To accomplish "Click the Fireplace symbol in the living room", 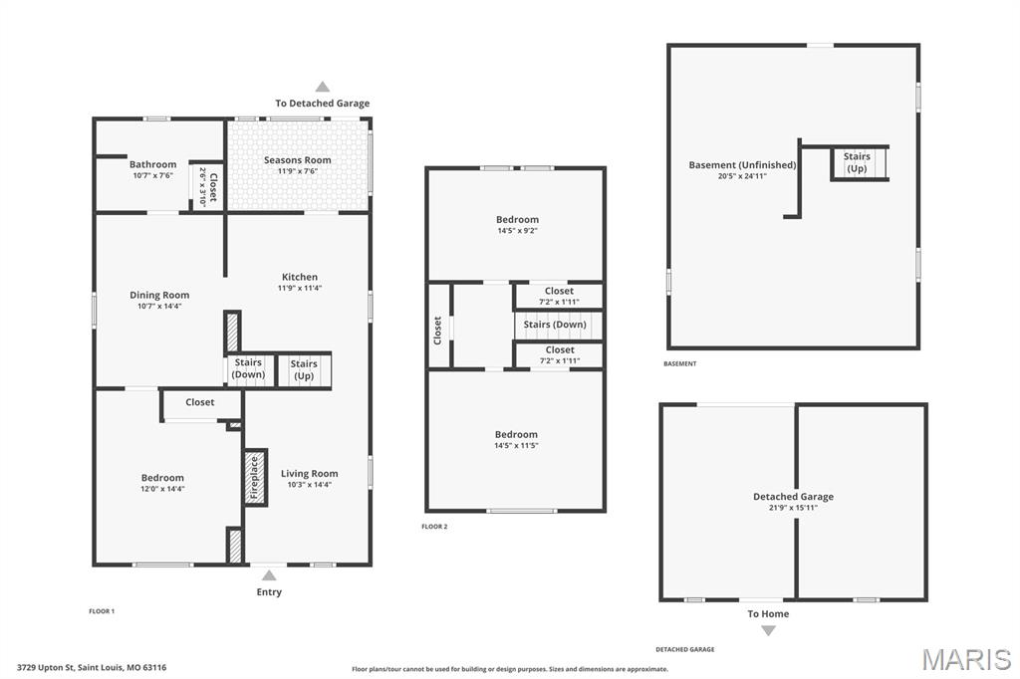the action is (x=255, y=477).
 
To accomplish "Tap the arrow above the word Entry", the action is (x=269, y=574).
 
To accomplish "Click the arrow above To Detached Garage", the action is (x=323, y=87).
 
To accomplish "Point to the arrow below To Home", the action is (x=768, y=630).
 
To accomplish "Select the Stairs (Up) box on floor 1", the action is (x=304, y=370).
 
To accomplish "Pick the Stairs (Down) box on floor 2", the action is (x=558, y=326).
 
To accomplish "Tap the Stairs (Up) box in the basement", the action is (x=860, y=162).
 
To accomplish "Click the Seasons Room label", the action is (x=297, y=160).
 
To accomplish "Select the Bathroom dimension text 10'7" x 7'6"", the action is (x=152, y=175).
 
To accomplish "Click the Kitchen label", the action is (x=300, y=277).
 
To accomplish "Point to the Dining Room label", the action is (x=159, y=296).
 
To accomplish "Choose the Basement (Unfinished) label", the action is (x=742, y=165).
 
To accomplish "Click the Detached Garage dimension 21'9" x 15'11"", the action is (x=793, y=508).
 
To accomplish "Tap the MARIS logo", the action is (x=966, y=659).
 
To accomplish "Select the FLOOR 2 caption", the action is (x=434, y=527).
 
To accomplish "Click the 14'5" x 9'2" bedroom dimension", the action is (x=517, y=231).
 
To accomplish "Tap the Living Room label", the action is (x=309, y=474).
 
